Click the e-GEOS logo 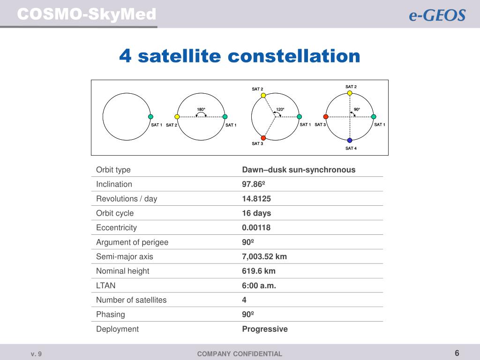[x=437, y=15]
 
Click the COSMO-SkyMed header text [x=87, y=15]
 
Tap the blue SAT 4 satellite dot [x=350, y=141]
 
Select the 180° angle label [x=201, y=109]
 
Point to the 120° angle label [x=280, y=109]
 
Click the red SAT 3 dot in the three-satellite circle [x=263, y=138]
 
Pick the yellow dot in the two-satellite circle [x=177, y=117]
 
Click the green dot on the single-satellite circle [x=150, y=117]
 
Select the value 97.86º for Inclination [x=254, y=184]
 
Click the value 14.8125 [x=256, y=199]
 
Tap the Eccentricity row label [x=116, y=228]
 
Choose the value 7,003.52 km [x=264, y=256]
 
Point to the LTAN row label [x=105, y=285]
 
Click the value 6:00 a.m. [x=259, y=285]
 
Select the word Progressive [x=265, y=329]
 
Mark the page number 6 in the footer [x=457, y=353]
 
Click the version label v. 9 [x=36, y=354]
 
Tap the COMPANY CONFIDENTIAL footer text [x=240, y=354]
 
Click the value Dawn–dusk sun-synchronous [x=299, y=170]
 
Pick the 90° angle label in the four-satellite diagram [x=357, y=109]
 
